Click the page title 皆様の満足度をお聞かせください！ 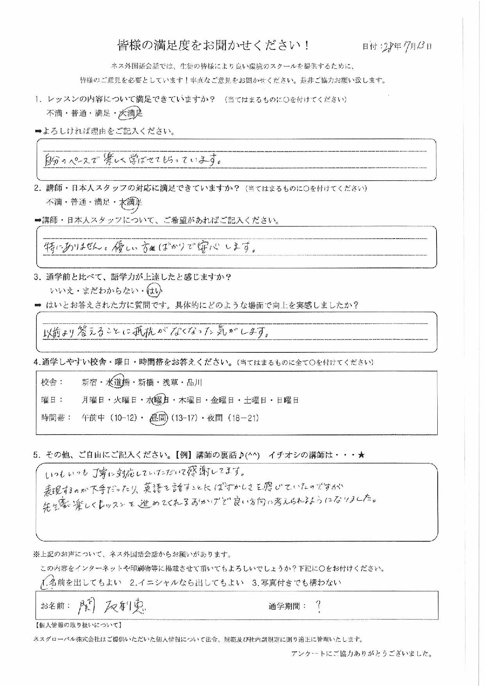(214, 46)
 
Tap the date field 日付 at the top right (397, 47)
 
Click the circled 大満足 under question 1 (131, 113)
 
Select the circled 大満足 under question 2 (131, 202)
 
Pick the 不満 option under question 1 (54, 113)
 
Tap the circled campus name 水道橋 (118, 383)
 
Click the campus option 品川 (194, 383)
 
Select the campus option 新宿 (89, 383)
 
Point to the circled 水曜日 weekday (157, 400)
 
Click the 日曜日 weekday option (288, 400)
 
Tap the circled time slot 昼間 (159, 418)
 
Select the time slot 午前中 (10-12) (109, 418)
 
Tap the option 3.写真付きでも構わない (297, 582)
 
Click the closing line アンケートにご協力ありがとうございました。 (362, 654)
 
